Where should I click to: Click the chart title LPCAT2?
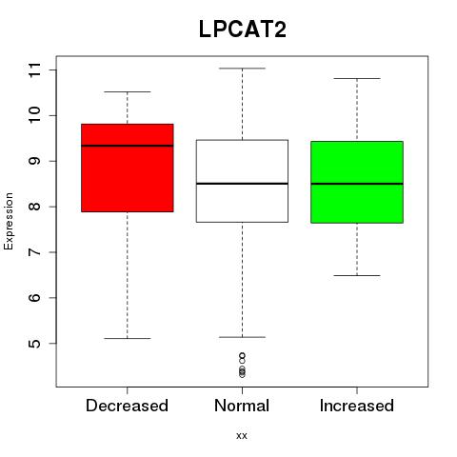243,30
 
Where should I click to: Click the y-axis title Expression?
9,221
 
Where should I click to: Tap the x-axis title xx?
242,436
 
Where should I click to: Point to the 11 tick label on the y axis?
35,70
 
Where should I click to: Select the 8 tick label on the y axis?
35,207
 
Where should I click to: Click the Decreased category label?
127,406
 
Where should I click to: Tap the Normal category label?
242,406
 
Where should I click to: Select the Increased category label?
357,406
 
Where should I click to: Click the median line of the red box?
128,146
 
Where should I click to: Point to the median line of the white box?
242,184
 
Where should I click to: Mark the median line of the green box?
357,184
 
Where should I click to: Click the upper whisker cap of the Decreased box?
128,92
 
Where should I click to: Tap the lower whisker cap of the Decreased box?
128,338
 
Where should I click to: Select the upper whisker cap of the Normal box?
242,69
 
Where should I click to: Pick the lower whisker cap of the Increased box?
357,275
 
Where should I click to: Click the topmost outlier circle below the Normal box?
242,356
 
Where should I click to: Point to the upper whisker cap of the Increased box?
357,78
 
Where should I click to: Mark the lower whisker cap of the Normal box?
242,337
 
